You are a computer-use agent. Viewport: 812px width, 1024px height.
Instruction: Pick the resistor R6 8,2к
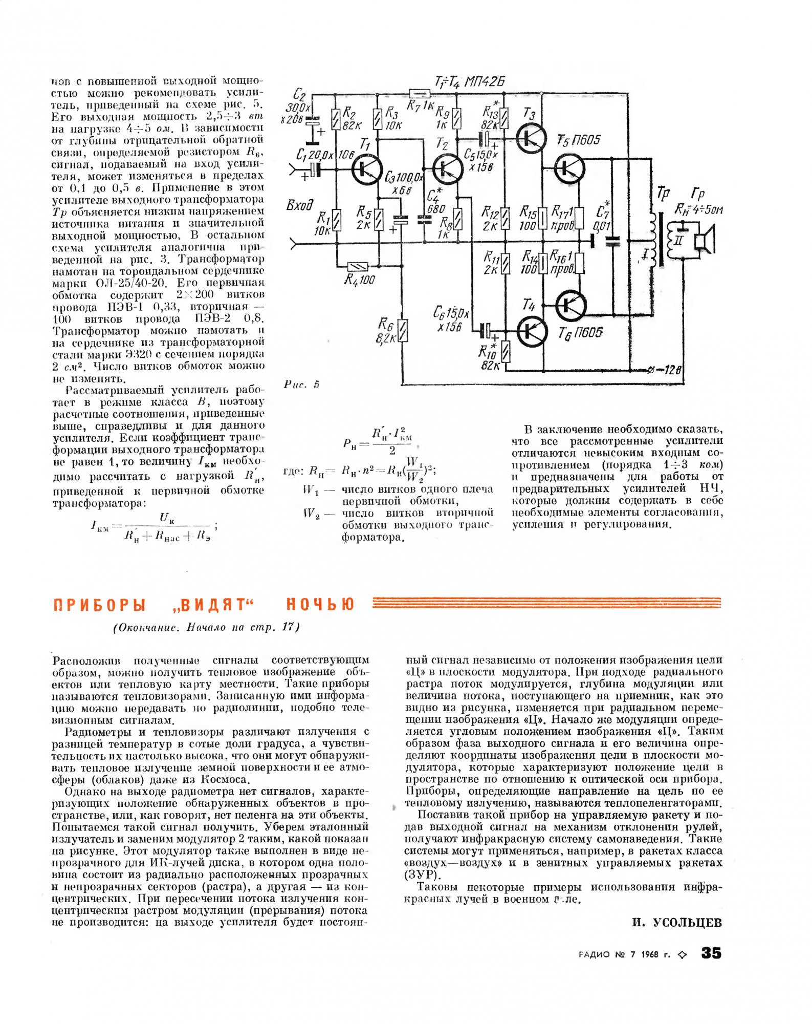click(403, 330)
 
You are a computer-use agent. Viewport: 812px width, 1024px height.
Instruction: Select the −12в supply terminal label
click(667, 370)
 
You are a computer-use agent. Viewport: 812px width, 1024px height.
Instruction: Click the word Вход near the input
click(299, 206)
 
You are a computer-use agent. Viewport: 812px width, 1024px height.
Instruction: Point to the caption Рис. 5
click(301, 385)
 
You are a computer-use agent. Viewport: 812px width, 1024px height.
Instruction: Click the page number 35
click(711, 953)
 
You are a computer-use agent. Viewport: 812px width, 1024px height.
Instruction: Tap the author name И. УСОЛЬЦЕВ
click(677, 923)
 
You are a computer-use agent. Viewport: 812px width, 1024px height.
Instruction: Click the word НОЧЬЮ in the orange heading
click(320, 605)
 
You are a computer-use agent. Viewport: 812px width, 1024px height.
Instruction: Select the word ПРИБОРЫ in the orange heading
click(100, 605)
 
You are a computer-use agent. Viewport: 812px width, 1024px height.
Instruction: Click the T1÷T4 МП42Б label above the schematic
click(470, 82)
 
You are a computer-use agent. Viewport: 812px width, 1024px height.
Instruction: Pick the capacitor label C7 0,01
click(603, 218)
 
